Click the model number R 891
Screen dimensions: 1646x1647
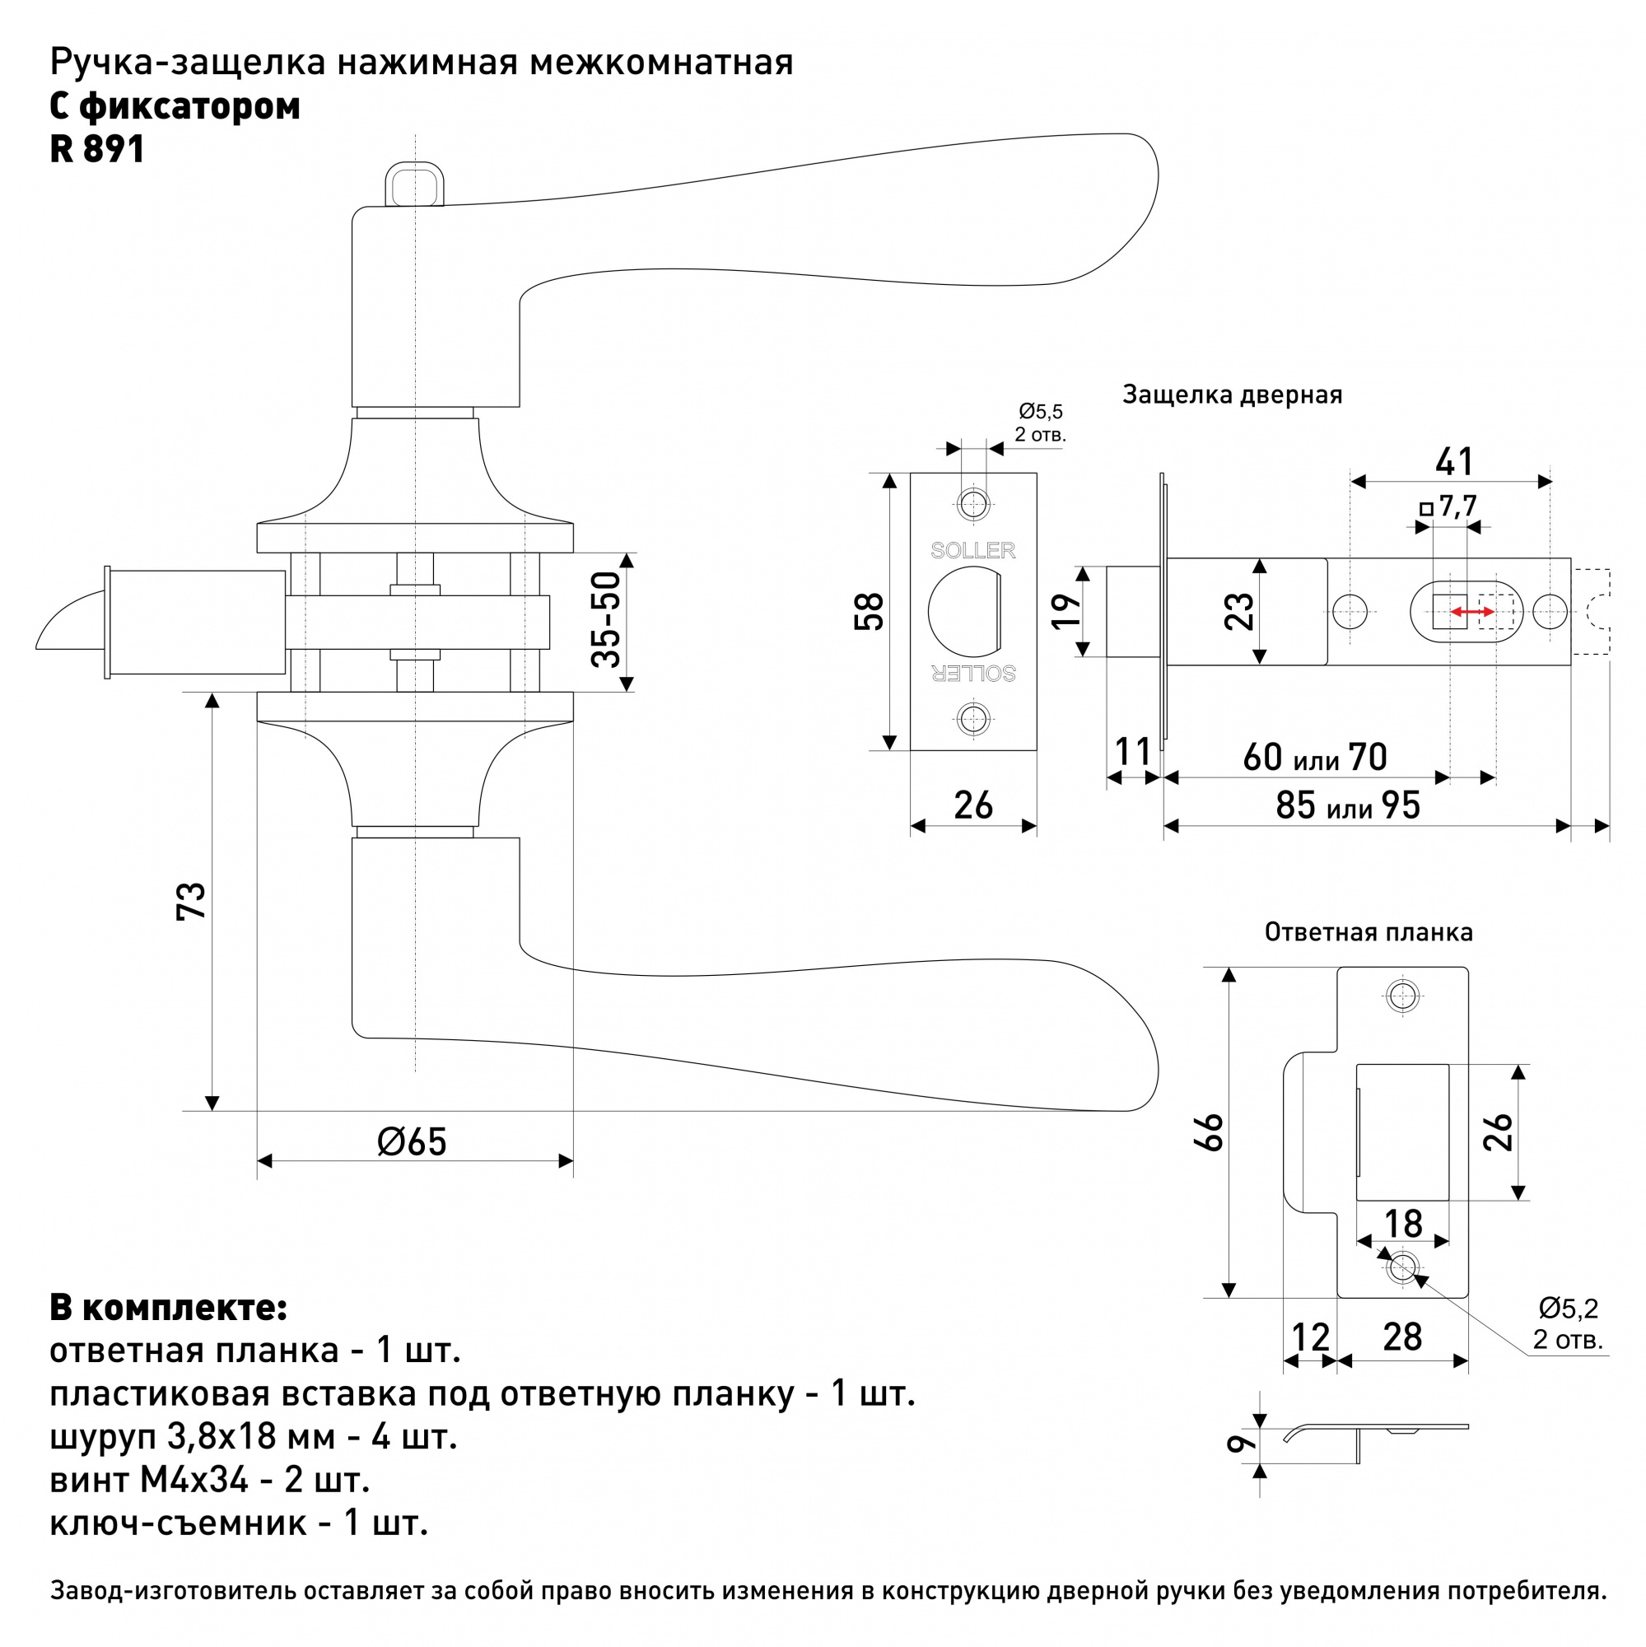pyautogui.click(x=97, y=149)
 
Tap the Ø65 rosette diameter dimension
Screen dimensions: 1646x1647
pyautogui.click(x=412, y=1142)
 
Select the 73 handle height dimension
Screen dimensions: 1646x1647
pyautogui.click(x=192, y=901)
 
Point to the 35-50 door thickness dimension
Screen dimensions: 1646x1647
pyautogui.click(x=606, y=620)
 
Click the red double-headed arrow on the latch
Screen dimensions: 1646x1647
pyautogui.click(x=1473, y=612)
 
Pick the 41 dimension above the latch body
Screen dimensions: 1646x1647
pyautogui.click(x=1454, y=462)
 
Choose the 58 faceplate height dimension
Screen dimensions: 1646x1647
pyautogui.click(x=870, y=611)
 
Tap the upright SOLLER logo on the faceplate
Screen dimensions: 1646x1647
pyautogui.click(x=972, y=551)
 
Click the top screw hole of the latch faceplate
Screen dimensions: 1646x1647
pyautogui.click(x=973, y=504)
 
